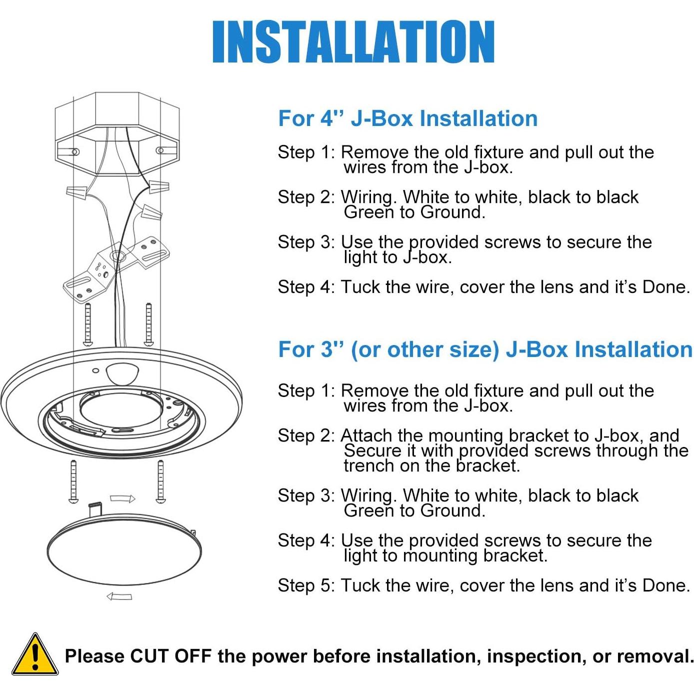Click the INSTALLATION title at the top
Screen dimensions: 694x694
click(353, 42)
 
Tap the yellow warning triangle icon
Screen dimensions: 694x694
click(34, 655)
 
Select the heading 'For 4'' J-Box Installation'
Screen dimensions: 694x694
click(407, 118)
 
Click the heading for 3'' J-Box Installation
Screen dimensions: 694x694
click(484, 349)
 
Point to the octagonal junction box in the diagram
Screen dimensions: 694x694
click(116, 132)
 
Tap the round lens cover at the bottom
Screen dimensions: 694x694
click(124, 550)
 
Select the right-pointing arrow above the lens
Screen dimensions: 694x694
click(122, 498)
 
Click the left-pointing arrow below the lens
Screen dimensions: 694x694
click(119, 596)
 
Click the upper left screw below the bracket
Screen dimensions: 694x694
click(88, 323)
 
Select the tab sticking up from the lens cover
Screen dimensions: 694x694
click(95, 510)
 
